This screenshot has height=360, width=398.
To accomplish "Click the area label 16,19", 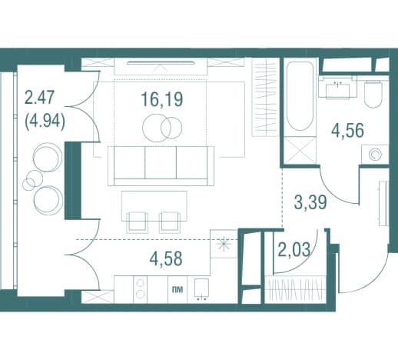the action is click(162, 99).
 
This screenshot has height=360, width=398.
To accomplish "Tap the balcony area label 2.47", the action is click(39, 98).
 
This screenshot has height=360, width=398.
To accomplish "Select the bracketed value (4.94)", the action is click(45, 122).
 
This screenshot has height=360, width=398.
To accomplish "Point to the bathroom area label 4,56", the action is click(347, 130).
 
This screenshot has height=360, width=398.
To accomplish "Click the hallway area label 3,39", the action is click(310, 202).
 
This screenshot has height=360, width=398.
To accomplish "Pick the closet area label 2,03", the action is click(294, 250).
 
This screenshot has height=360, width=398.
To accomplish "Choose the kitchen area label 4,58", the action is click(166, 258).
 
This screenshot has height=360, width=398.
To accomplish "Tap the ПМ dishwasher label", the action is click(177, 290).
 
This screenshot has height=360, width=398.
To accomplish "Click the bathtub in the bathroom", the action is click(300, 97).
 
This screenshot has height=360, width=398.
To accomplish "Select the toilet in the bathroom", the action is click(373, 94).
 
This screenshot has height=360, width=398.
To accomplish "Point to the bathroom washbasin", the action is click(337, 88).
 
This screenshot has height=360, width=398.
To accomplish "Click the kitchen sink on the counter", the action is click(201, 289).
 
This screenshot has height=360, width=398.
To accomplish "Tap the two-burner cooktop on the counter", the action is click(140, 289).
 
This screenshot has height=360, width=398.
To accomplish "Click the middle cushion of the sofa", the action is click(161, 163).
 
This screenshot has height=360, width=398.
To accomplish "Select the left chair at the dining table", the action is click(138, 222).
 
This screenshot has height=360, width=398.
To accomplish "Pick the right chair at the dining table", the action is click(169, 222).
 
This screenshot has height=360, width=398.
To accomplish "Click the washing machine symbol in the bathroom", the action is click(375, 154).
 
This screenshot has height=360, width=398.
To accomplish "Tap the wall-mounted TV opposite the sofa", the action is click(161, 62).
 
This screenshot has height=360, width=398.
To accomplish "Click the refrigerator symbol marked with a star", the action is click(224, 244).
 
